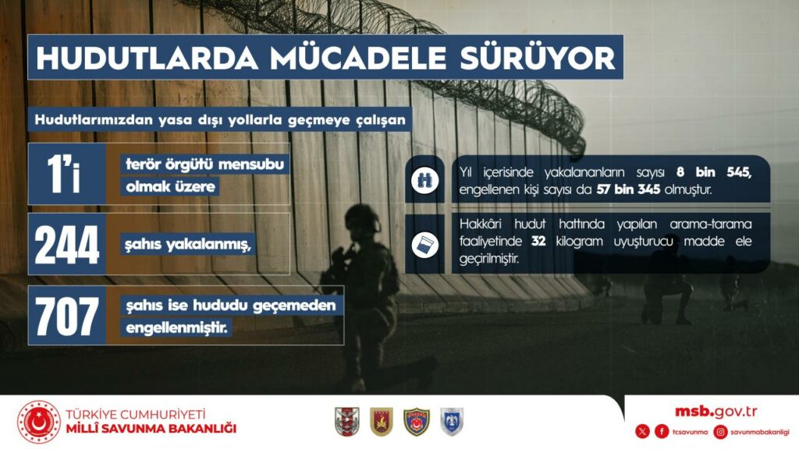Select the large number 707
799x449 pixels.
(x=67, y=316)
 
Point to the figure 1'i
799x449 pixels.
(x=64, y=174)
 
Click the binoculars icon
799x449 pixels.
(x=425, y=180)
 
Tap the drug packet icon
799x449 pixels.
(x=425, y=245)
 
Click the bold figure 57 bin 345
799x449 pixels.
(x=628, y=190)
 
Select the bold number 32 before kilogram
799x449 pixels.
(x=538, y=241)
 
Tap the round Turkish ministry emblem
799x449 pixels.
(x=39, y=422)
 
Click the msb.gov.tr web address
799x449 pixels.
(x=716, y=412)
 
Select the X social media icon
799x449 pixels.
(x=643, y=432)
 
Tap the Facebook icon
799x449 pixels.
(x=662, y=432)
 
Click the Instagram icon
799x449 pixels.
(x=720, y=432)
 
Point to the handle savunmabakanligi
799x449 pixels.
(x=760, y=432)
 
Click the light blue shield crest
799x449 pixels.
(x=452, y=422)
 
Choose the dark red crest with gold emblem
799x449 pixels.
(x=381, y=422)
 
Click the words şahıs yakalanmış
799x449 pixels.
(x=188, y=245)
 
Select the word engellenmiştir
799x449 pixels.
(x=176, y=327)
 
